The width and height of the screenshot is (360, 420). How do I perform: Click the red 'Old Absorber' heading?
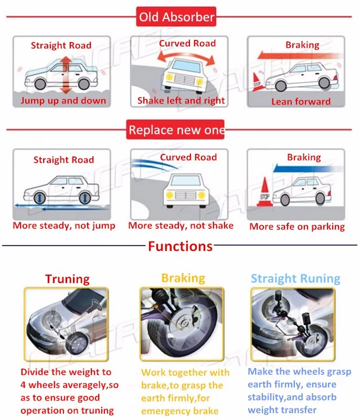[176, 17]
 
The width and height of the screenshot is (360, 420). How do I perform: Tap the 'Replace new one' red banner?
[176, 130]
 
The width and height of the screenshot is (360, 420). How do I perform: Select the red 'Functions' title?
[180, 246]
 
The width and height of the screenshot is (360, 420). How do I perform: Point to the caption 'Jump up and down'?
[63, 100]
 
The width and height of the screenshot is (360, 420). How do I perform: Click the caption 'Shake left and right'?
[181, 100]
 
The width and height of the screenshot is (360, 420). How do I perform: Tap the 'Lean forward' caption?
[301, 101]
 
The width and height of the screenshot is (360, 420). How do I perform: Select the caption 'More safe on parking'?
[297, 226]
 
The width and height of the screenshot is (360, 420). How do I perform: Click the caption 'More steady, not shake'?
[181, 225]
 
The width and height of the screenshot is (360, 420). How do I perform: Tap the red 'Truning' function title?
[67, 279]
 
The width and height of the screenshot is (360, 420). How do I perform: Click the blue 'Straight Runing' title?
[295, 278]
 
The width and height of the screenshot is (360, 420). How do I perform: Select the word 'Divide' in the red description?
[35, 372]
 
